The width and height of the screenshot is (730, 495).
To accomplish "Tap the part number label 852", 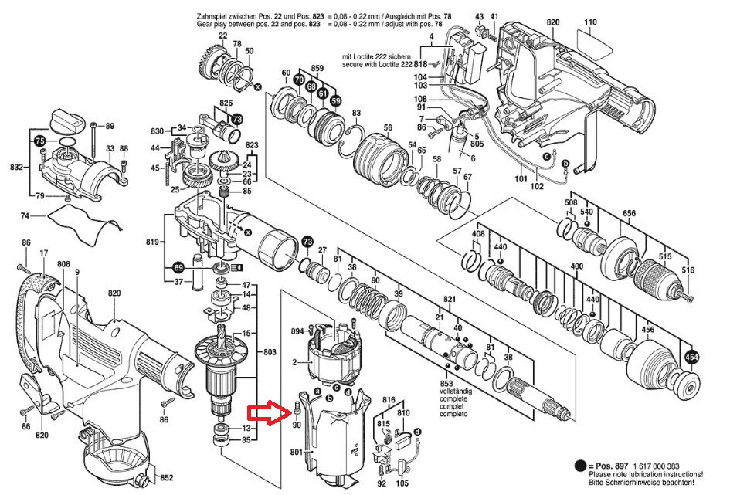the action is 166,478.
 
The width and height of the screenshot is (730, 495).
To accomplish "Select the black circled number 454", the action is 692,357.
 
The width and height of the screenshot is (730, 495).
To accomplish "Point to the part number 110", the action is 589,22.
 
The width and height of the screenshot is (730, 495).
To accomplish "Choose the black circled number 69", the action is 178,267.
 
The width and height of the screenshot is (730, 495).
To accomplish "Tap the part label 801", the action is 296,452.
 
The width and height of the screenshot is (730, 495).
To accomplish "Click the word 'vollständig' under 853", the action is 454,392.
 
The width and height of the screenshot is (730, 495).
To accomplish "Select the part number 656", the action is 629,214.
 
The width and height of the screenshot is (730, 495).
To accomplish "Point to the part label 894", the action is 297,331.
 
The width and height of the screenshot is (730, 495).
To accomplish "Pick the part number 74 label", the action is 25,216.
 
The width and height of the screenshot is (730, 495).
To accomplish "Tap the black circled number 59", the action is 335,101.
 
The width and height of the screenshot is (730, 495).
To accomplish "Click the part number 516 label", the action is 688,270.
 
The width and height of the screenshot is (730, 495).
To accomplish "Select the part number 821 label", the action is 450,299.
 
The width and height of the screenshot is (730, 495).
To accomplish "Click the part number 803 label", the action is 270,352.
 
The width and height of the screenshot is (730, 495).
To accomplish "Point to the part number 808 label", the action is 64,264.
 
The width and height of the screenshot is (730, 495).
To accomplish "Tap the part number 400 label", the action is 576,267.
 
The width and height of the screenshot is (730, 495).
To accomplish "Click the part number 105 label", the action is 402,484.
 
